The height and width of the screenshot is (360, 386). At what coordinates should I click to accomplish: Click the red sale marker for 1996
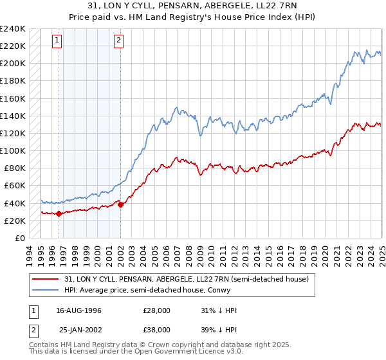click(59, 213)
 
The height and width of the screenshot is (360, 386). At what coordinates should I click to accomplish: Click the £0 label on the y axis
click(19, 238)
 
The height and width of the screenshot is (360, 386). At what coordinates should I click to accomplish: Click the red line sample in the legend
click(45, 279)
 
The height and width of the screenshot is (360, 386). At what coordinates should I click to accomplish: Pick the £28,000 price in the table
click(156, 310)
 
